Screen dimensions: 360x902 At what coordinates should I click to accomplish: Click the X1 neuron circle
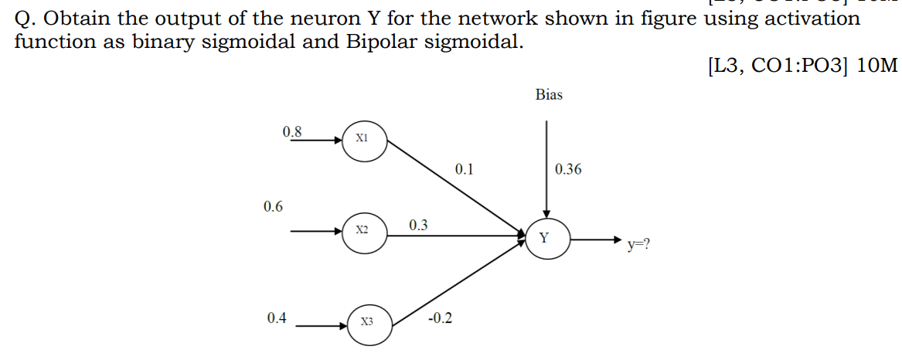[363, 141]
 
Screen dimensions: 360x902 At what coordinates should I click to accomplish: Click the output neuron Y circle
[545, 239]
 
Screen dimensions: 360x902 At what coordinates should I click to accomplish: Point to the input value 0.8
[293, 131]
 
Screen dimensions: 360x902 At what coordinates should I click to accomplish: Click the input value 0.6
[273, 206]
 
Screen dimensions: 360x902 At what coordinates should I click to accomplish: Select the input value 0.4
[276, 318]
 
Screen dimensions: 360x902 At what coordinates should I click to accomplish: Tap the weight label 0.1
[464, 168]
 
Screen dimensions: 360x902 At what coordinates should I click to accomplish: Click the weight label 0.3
[418, 225]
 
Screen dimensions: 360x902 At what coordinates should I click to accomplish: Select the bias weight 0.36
[568, 169]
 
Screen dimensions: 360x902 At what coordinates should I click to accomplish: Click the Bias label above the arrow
[549, 95]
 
